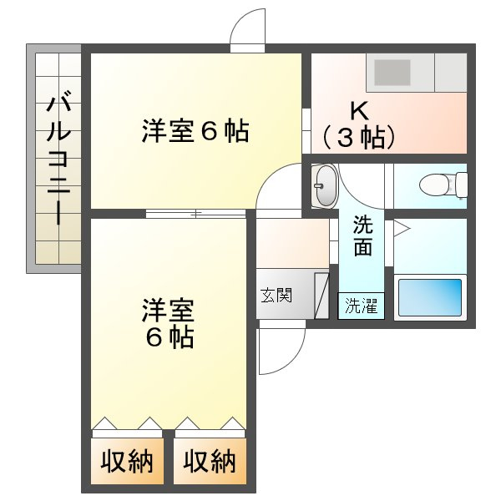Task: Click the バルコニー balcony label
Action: (58, 158)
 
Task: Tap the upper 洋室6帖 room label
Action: (195, 131)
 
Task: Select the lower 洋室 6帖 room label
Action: (169, 323)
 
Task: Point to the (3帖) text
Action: (359, 138)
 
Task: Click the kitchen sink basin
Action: (392, 73)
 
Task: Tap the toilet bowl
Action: (443, 185)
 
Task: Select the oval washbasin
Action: (326, 185)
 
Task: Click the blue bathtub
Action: (430, 297)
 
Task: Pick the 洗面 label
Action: (362, 235)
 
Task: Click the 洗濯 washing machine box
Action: (362, 306)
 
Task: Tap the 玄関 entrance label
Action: (276, 295)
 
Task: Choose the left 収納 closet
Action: (127, 461)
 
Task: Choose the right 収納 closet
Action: (210, 461)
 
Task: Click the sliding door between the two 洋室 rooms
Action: (196, 214)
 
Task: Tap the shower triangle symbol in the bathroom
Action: (402, 229)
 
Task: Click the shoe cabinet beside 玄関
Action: (321, 296)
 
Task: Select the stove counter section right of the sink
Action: (451, 73)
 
